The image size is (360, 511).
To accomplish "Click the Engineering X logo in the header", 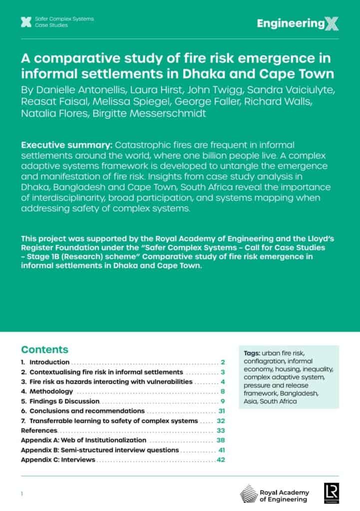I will pos(298,23).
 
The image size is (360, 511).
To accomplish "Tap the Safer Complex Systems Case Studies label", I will pos(64,22).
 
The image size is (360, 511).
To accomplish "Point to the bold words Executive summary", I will pos(66,145).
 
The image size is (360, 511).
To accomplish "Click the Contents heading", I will pos(44,349).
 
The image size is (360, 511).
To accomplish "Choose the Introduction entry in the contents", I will pos(49,362).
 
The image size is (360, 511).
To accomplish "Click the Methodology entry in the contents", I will pos(51,392).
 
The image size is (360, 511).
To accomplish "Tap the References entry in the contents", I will pos(39,430).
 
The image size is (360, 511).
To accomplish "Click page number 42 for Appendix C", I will pos(221,460).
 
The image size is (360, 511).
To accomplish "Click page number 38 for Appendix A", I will pos(222,440).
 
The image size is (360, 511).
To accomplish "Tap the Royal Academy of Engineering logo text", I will pos(284,496).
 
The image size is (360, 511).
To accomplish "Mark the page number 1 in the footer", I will pos(22,494).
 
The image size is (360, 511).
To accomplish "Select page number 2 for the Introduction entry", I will pos(223,362).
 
